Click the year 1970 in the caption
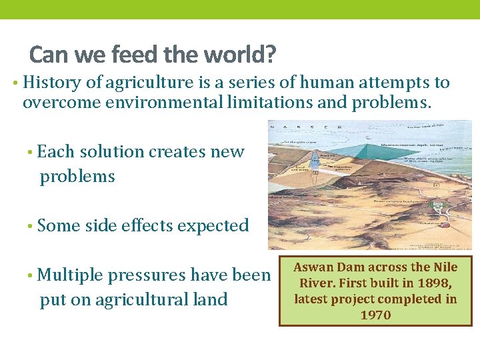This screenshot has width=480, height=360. click(375, 315)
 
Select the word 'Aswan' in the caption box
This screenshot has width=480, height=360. click(311, 267)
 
